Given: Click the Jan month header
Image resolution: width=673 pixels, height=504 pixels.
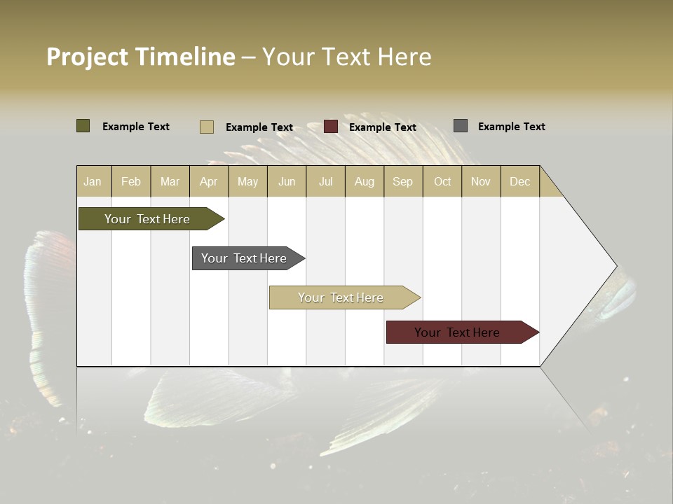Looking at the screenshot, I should click(93, 181).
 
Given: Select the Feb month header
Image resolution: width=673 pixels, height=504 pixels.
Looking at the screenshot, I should click(131, 181).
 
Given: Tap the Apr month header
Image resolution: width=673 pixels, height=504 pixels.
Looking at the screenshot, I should click(208, 181).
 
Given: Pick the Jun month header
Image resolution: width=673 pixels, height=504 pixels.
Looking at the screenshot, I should click(287, 181).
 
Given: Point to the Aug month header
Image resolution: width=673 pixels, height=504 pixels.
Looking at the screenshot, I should click(365, 181).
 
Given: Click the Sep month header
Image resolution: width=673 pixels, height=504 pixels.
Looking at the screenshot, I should click(402, 181).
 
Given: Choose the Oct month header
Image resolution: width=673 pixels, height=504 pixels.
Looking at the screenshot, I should click(442, 181).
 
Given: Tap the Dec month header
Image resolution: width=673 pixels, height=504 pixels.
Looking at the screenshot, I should click(519, 181).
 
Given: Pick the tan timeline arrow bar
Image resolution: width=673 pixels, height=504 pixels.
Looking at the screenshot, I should click(342, 297).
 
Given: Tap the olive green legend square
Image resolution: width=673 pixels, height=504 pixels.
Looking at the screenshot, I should click(83, 126).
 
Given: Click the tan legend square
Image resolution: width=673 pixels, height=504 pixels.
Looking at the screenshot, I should click(207, 127).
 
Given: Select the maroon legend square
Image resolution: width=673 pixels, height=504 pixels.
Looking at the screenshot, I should click(331, 127).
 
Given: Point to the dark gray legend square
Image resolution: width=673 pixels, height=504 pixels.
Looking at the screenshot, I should click(461, 126).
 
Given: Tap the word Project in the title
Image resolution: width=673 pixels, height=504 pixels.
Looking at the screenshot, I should click(88, 57).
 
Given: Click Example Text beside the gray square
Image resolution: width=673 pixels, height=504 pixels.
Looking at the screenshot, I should click(511, 127).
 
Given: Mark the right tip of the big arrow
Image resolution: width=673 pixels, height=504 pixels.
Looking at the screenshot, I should click(616, 266).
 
